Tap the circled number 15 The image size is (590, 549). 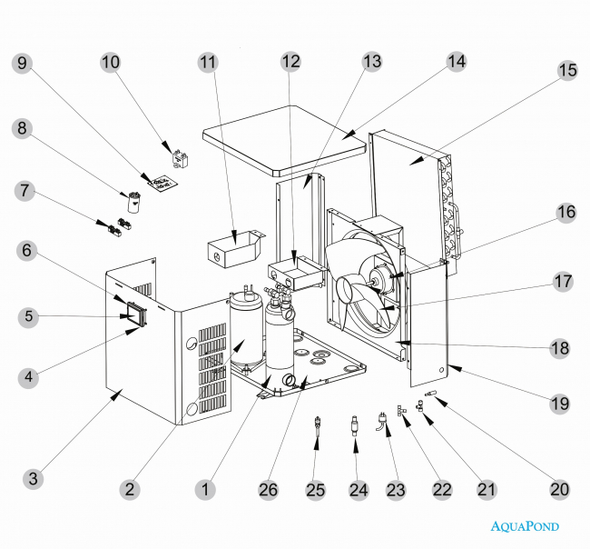click(567, 69)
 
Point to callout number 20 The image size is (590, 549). click(559, 489)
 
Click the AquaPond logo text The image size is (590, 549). click(525, 525)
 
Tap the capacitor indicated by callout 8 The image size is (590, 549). click(135, 202)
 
